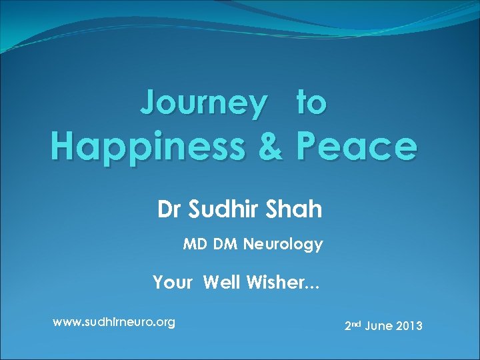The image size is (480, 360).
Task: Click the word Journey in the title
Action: coord(203,103)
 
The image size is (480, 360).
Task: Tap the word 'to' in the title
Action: coord(311,103)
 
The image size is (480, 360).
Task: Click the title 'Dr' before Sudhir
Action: coord(170,209)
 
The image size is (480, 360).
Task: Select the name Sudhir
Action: coord(225,209)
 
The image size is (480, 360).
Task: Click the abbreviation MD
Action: coord(195,245)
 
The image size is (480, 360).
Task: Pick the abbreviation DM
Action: coord(226,245)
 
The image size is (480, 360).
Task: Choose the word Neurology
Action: coord(283,245)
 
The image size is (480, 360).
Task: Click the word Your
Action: coord(173,283)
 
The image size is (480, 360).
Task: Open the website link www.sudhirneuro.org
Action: coord(114,323)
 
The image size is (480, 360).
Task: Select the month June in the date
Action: coord(379,327)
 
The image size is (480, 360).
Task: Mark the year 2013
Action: coord(410,327)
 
